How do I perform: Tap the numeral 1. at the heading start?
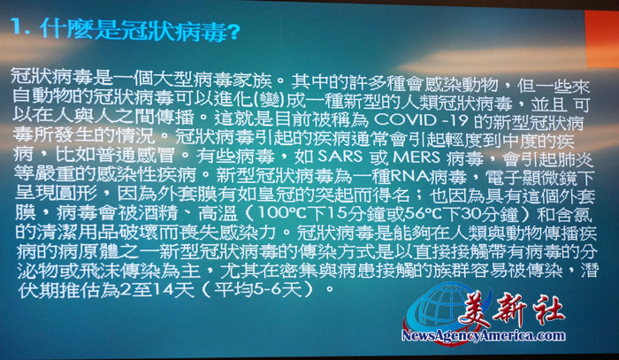tap(20, 28)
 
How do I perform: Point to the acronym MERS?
tap(416, 157)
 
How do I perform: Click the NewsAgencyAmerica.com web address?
tap(483, 336)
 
